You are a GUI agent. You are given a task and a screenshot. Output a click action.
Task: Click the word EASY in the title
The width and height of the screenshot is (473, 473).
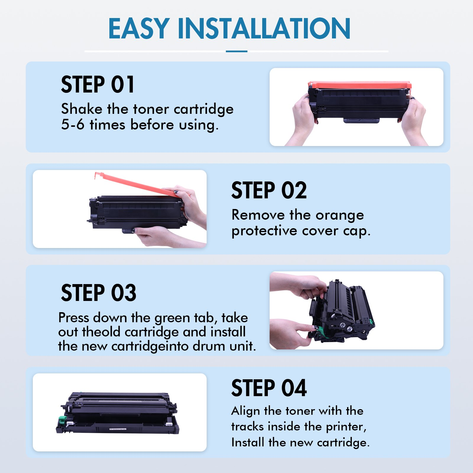(139, 28)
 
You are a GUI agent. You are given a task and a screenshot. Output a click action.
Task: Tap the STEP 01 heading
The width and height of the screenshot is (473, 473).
(98, 85)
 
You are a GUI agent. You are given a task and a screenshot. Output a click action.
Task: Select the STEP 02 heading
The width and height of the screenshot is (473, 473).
(269, 190)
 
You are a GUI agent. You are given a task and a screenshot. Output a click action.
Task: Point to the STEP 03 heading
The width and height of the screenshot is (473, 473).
(98, 293)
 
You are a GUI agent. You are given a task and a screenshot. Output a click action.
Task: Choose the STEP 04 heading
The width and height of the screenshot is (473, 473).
(269, 388)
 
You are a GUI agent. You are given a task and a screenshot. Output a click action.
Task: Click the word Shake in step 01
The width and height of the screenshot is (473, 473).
(82, 109)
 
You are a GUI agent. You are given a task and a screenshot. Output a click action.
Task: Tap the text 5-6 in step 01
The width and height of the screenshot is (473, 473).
(73, 124)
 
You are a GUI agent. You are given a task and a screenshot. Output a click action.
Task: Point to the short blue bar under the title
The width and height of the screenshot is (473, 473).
(237, 51)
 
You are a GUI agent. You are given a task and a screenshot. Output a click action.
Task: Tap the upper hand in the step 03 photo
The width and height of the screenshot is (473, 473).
(299, 285)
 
